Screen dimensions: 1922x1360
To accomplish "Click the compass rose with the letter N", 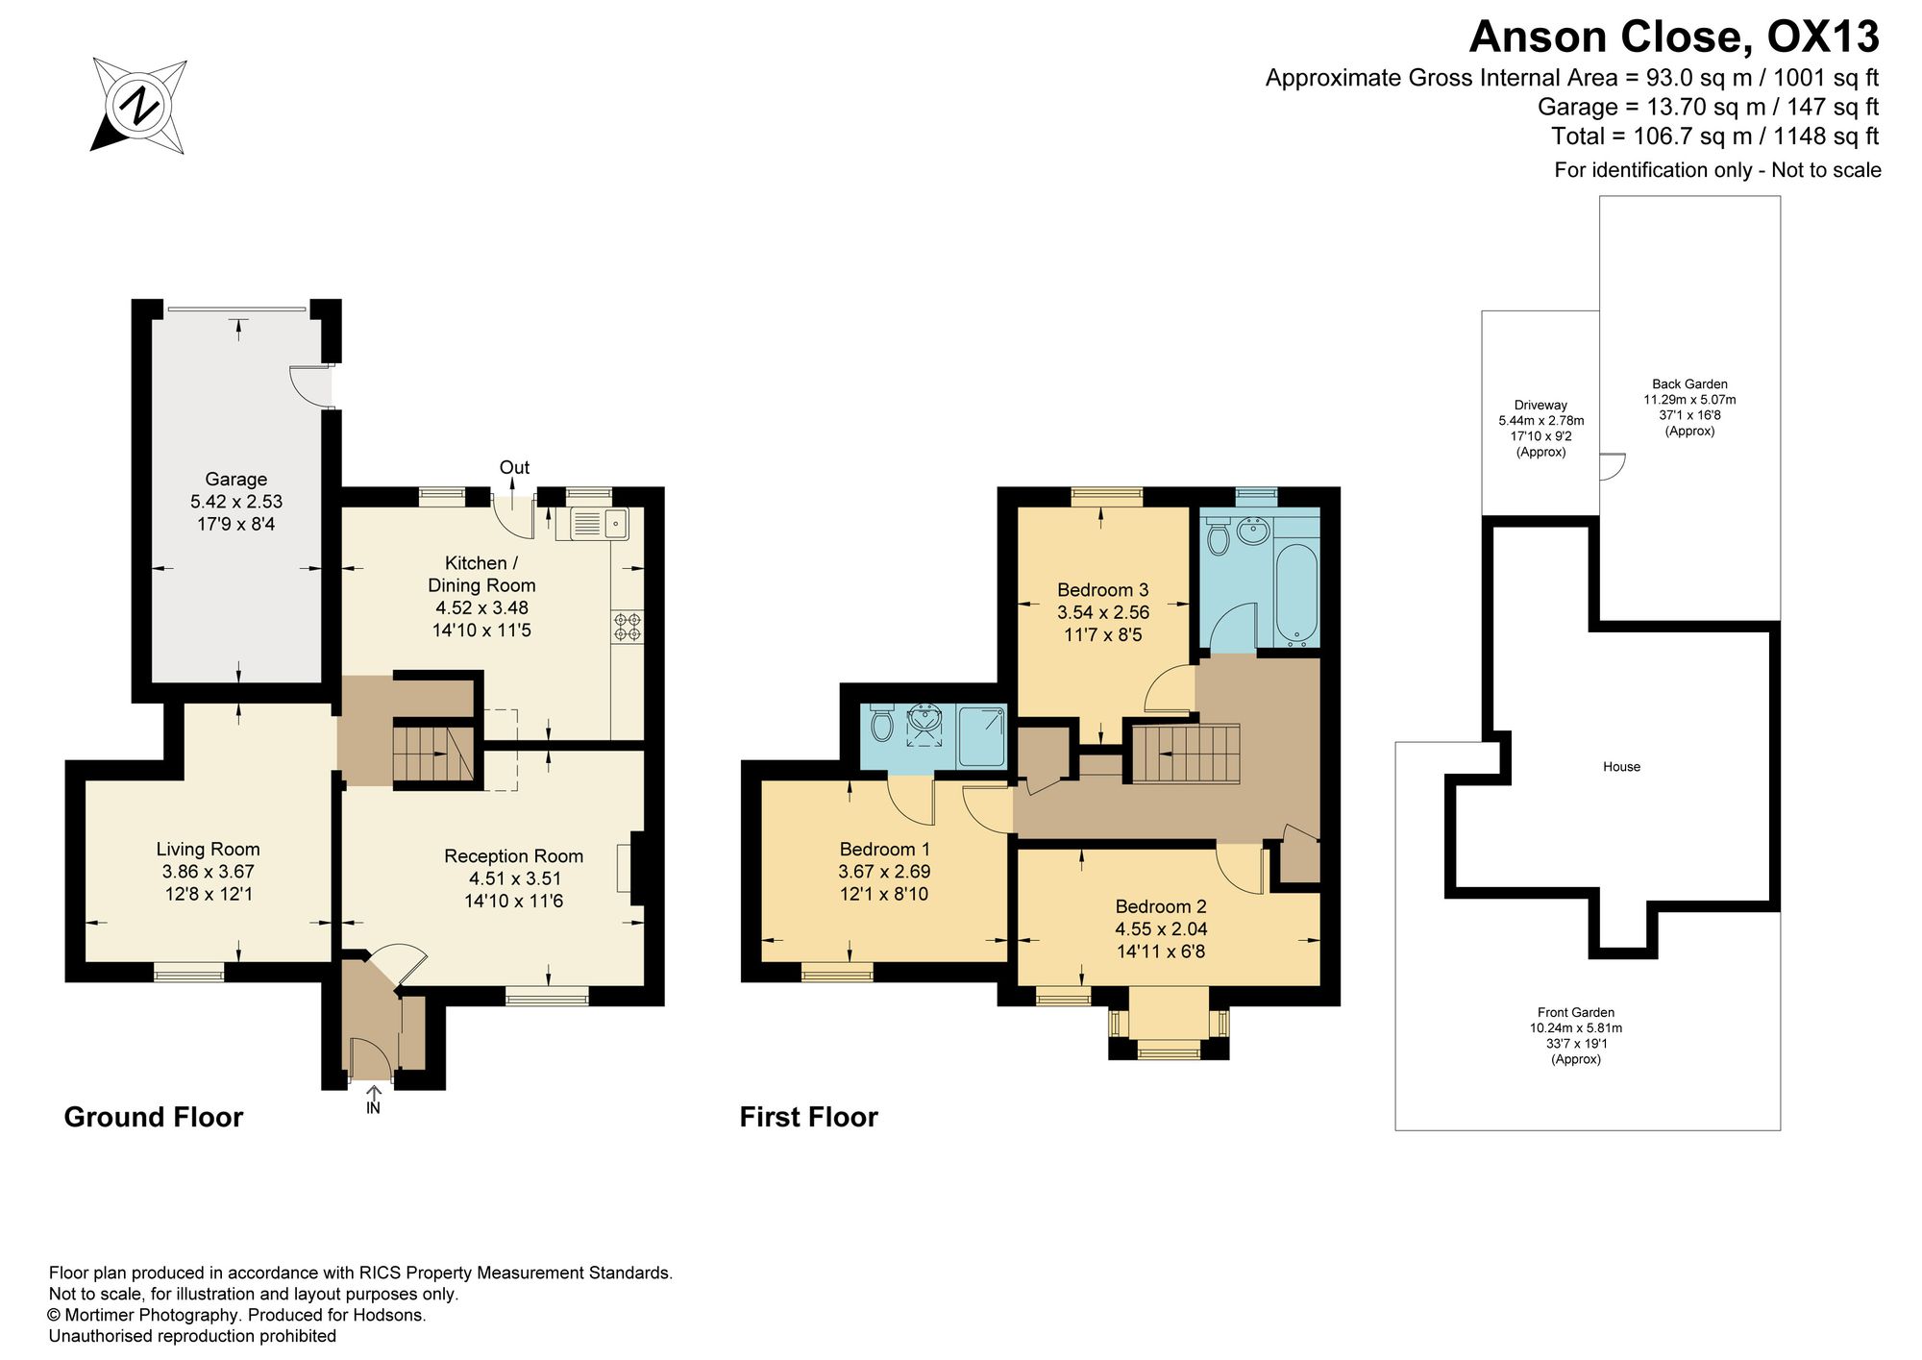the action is (139, 106).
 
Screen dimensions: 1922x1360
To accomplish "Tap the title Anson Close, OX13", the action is (1674, 37).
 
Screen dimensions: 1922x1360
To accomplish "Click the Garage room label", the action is (236, 479).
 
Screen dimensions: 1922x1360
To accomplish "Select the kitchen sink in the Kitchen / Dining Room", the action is (599, 524).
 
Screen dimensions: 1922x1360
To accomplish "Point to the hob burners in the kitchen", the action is (628, 627).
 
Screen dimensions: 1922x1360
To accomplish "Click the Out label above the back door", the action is (514, 467).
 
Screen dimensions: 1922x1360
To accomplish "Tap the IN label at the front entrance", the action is (373, 1107).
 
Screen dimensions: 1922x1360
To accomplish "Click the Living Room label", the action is (209, 849).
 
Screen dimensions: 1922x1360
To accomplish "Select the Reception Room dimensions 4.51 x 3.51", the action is (514, 878).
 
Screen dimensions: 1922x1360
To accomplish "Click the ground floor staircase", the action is (433, 754).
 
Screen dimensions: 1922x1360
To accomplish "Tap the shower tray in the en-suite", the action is (981, 737).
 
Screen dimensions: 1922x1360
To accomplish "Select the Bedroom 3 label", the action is (1103, 590).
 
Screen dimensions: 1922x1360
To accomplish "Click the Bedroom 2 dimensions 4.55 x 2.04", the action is (1161, 929).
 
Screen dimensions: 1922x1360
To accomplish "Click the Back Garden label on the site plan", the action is (1689, 384).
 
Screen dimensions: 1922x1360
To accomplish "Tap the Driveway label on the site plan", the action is (1540, 406).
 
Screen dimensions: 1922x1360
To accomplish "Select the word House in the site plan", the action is (1621, 767).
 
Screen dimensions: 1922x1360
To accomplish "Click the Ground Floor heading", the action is (154, 1117).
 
